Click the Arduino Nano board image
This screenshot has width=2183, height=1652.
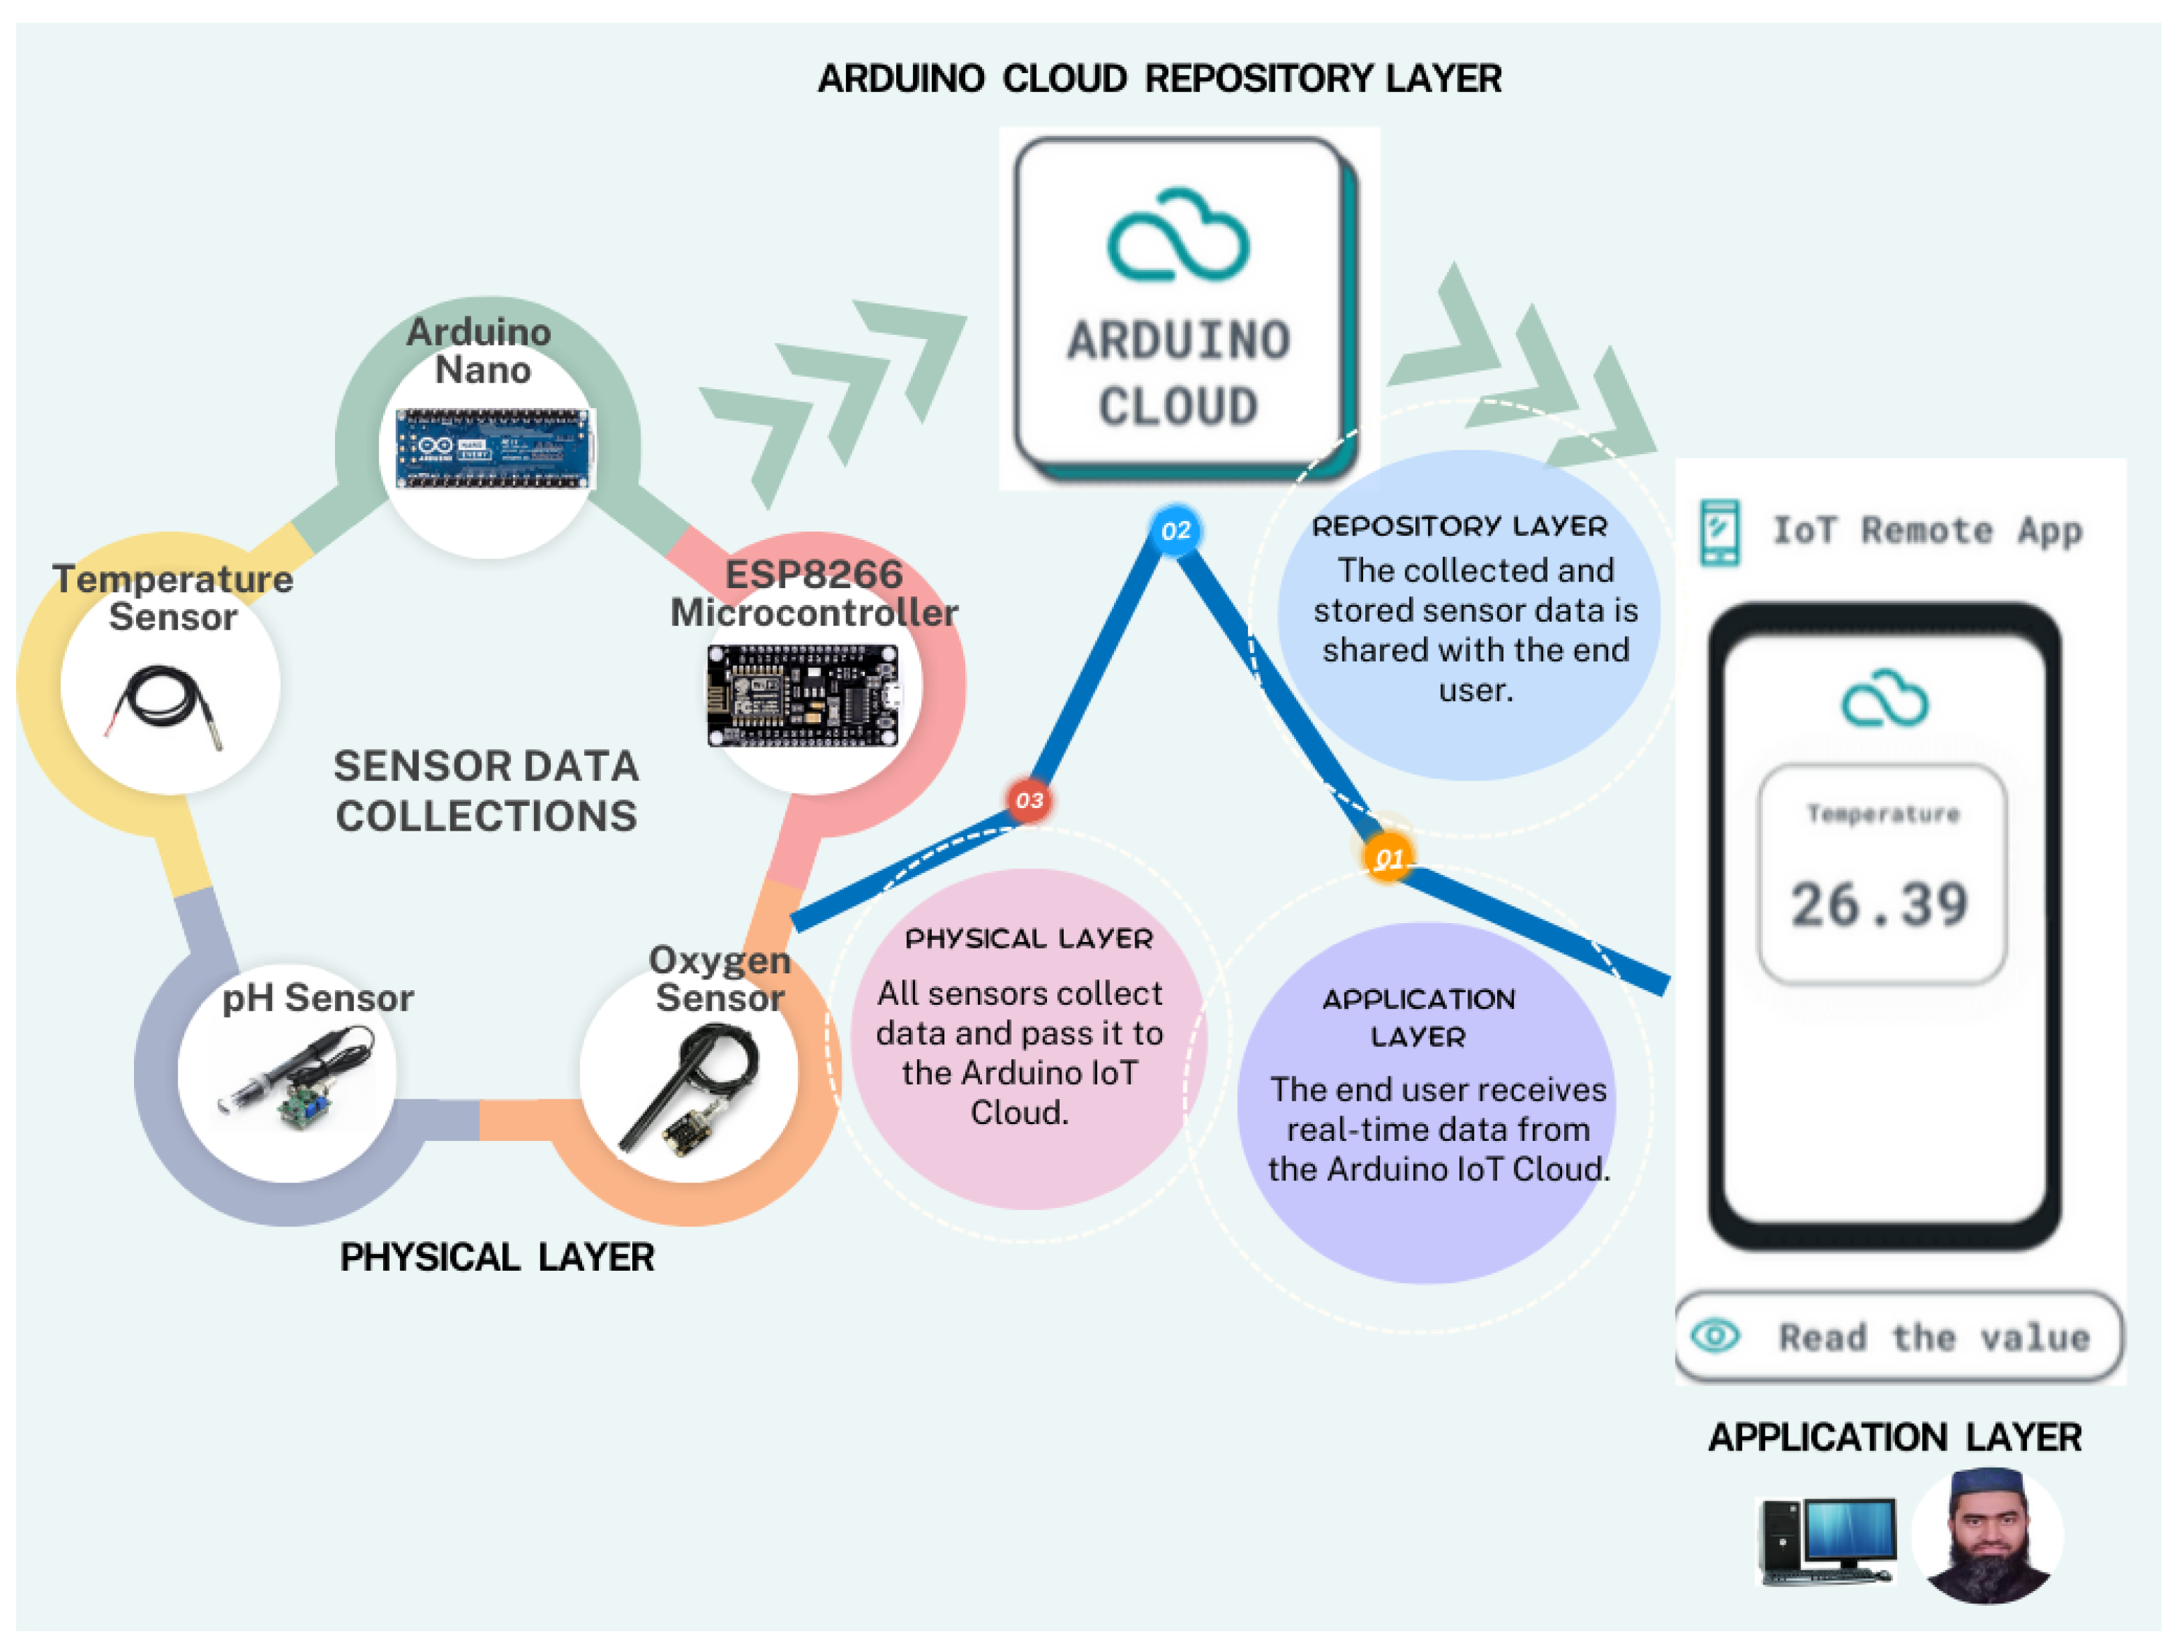[494, 449]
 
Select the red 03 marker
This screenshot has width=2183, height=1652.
[1028, 801]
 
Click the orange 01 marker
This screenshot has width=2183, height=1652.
[1387, 859]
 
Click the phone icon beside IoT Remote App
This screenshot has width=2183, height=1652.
[1719, 533]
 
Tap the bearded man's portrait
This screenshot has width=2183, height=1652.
[1987, 1537]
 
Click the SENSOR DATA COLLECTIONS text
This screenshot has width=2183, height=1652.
[486, 791]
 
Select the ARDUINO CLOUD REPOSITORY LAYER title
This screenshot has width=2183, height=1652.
[1159, 79]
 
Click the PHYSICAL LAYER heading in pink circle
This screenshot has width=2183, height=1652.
[1028, 939]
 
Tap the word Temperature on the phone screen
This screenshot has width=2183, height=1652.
[1882, 814]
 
